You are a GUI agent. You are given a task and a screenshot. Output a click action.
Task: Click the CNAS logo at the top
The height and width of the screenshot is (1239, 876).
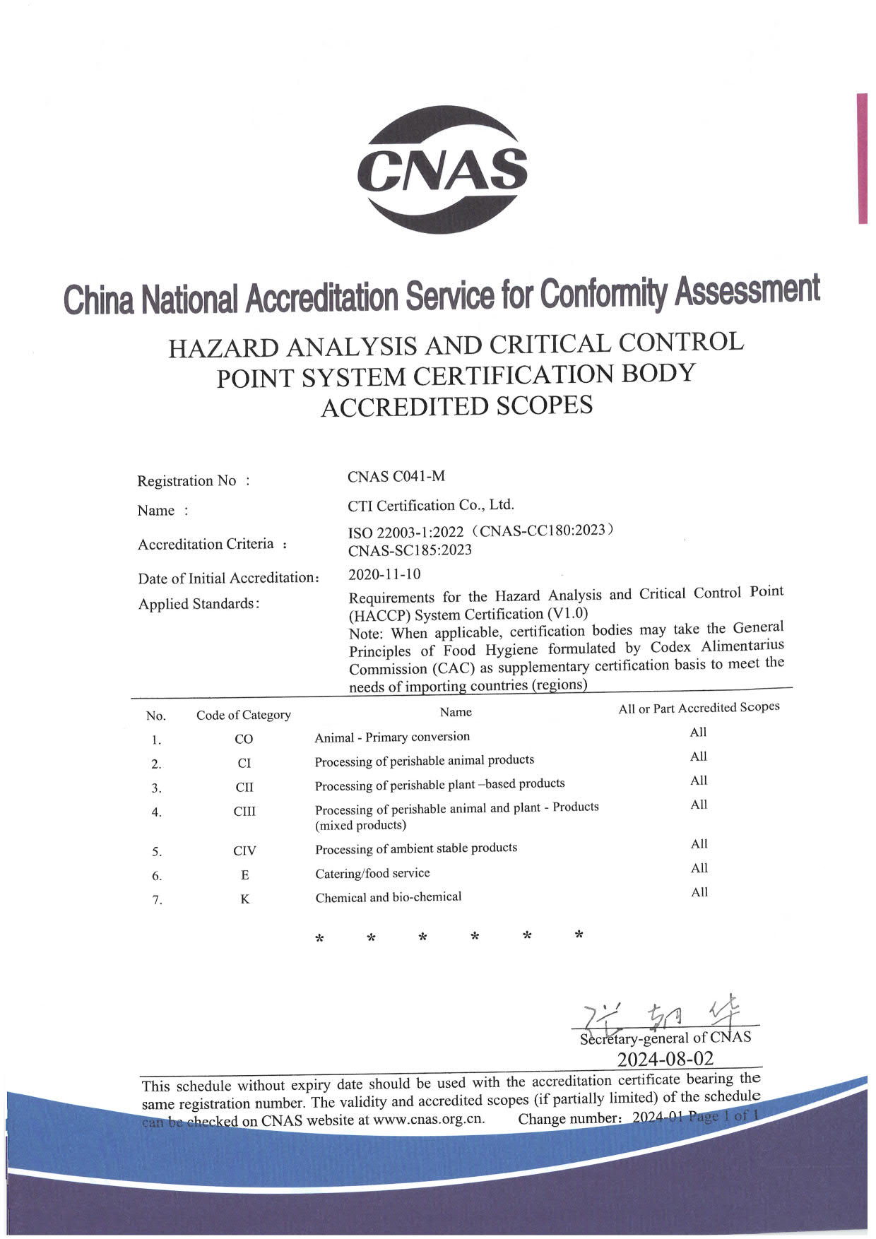[442, 170]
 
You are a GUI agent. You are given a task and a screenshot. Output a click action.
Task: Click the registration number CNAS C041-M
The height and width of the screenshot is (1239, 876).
[396, 476]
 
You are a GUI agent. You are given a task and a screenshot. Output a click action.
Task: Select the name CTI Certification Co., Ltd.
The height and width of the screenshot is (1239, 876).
[431, 505]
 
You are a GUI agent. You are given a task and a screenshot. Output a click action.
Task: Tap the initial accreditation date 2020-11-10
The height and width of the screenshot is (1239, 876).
[384, 574]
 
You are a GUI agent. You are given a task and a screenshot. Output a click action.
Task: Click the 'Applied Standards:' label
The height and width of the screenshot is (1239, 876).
[199, 604]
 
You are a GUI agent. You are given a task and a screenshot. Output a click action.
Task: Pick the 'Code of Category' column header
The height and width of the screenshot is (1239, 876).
[243, 715]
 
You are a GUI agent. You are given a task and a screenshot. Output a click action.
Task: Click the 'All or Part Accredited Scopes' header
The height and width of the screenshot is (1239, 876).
[699, 708]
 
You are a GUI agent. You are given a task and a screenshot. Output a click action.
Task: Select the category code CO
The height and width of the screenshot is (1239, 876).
[244, 739]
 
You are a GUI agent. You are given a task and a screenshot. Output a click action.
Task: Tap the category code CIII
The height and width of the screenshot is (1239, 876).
[244, 811]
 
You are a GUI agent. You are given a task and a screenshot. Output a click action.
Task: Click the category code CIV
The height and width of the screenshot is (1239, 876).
[244, 850]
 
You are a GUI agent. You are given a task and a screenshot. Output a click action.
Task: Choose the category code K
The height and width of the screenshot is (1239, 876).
[244, 899]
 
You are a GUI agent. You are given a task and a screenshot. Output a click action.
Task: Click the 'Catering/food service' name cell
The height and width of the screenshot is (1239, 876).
[372, 873]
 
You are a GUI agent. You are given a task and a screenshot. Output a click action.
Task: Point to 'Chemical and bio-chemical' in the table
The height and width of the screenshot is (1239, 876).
[388, 897]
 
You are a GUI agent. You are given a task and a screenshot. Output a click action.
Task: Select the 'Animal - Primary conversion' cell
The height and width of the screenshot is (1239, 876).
[392, 737]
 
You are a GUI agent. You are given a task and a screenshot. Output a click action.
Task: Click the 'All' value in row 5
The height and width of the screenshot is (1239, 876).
[699, 844]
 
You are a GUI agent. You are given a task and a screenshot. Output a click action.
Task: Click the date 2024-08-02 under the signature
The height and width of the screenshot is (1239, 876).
[665, 1059]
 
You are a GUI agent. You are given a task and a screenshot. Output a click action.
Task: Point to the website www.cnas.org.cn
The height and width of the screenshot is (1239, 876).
[429, 1120]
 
